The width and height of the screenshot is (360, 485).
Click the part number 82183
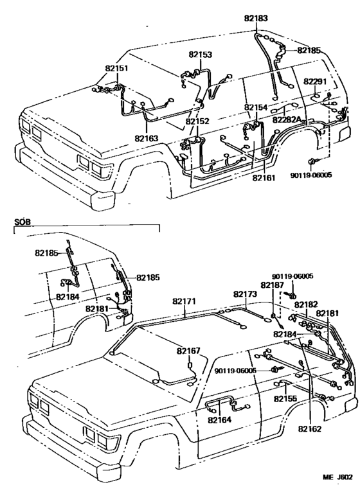257,19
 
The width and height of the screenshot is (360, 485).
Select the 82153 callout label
201,55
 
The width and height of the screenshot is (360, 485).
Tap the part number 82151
116,67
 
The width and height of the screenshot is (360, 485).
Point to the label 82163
147,137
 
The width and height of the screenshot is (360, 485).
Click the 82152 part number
198,121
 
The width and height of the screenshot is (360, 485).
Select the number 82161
264,177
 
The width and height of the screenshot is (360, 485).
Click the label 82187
272,285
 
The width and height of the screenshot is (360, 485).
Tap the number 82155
285,398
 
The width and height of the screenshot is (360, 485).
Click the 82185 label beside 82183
309,49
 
